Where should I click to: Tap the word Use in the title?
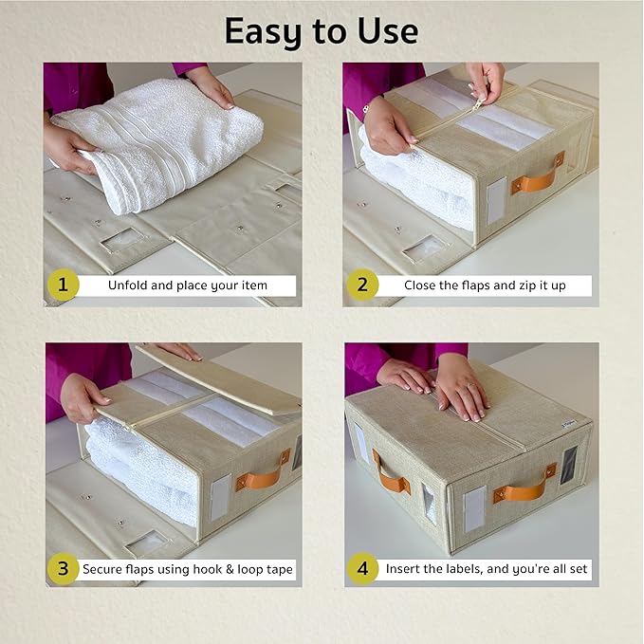[x=388, y=31]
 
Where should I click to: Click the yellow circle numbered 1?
[x=64, y=285]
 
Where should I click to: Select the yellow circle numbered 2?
[x=362, y=285]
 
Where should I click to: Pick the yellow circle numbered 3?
[x=63, y=569]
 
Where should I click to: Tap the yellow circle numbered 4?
[x=362, y=569]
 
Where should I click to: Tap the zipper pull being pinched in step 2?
[x=478, y=104]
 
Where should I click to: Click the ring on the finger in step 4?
[x=471, y=386]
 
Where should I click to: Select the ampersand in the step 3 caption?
[x=230, y=569]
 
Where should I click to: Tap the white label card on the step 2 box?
[x=496, y=201]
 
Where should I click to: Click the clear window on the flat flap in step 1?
[x=123, y=240]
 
